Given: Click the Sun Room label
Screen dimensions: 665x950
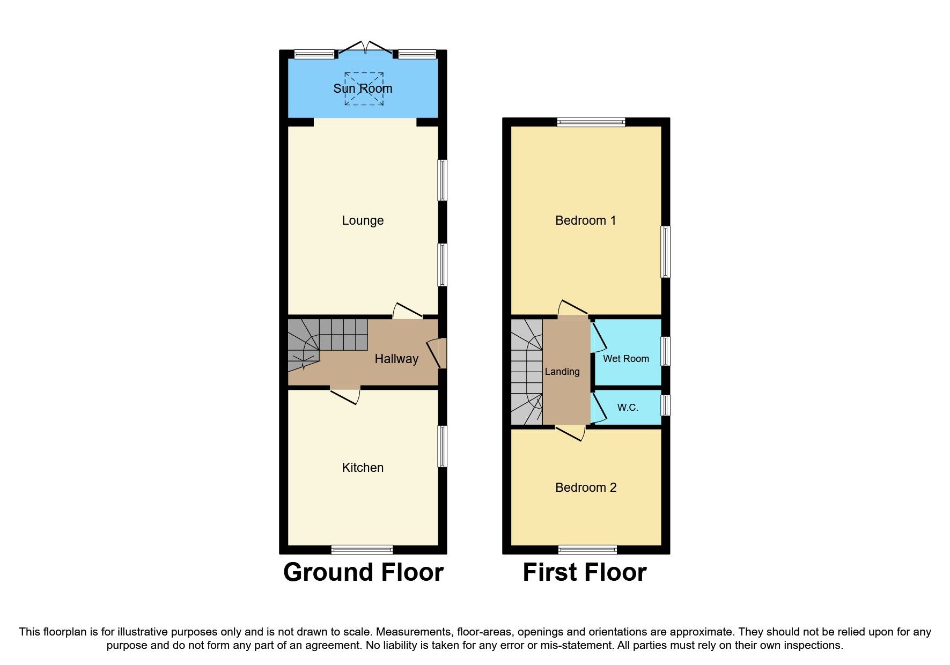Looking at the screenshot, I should pyautogui.click(x=363, y=88).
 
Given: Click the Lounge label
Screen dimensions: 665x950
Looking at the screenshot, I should pyautogui.click(x=363, y=220).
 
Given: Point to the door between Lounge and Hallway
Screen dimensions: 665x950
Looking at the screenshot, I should pyautogui.click(x=408, y=312).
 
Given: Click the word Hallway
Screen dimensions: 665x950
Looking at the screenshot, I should pyautogui.click(x=396, y=359).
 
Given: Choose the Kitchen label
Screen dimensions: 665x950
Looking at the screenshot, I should pyautogui.click(x=363, y=468).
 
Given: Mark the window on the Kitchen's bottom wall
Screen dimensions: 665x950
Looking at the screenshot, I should pyautogui.click(x=362, y=549).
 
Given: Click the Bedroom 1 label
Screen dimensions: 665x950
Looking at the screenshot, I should pyautogui.click(x=585, y=220).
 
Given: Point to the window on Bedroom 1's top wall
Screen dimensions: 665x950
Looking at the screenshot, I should pyautogui.click(x=591, y=122).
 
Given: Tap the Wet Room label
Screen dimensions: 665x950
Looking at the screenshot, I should pyautogui.click(x=625, y=359).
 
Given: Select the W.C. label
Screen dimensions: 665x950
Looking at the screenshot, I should pyautogui.click(x=628, y=408).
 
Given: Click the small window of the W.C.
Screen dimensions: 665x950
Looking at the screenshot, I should pyautogui.click(x=665, y=405).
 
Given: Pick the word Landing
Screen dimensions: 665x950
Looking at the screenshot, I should pyautogui.click(x=562, y=372).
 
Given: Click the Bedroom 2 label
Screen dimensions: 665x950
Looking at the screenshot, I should pyautogui.click(x=585, y=487).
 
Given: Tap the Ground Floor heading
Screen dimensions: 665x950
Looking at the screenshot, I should pyautogui.click(x=363, y=572).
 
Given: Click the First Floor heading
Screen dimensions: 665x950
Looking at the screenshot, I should pyautogui.click(x=584, y=572).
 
